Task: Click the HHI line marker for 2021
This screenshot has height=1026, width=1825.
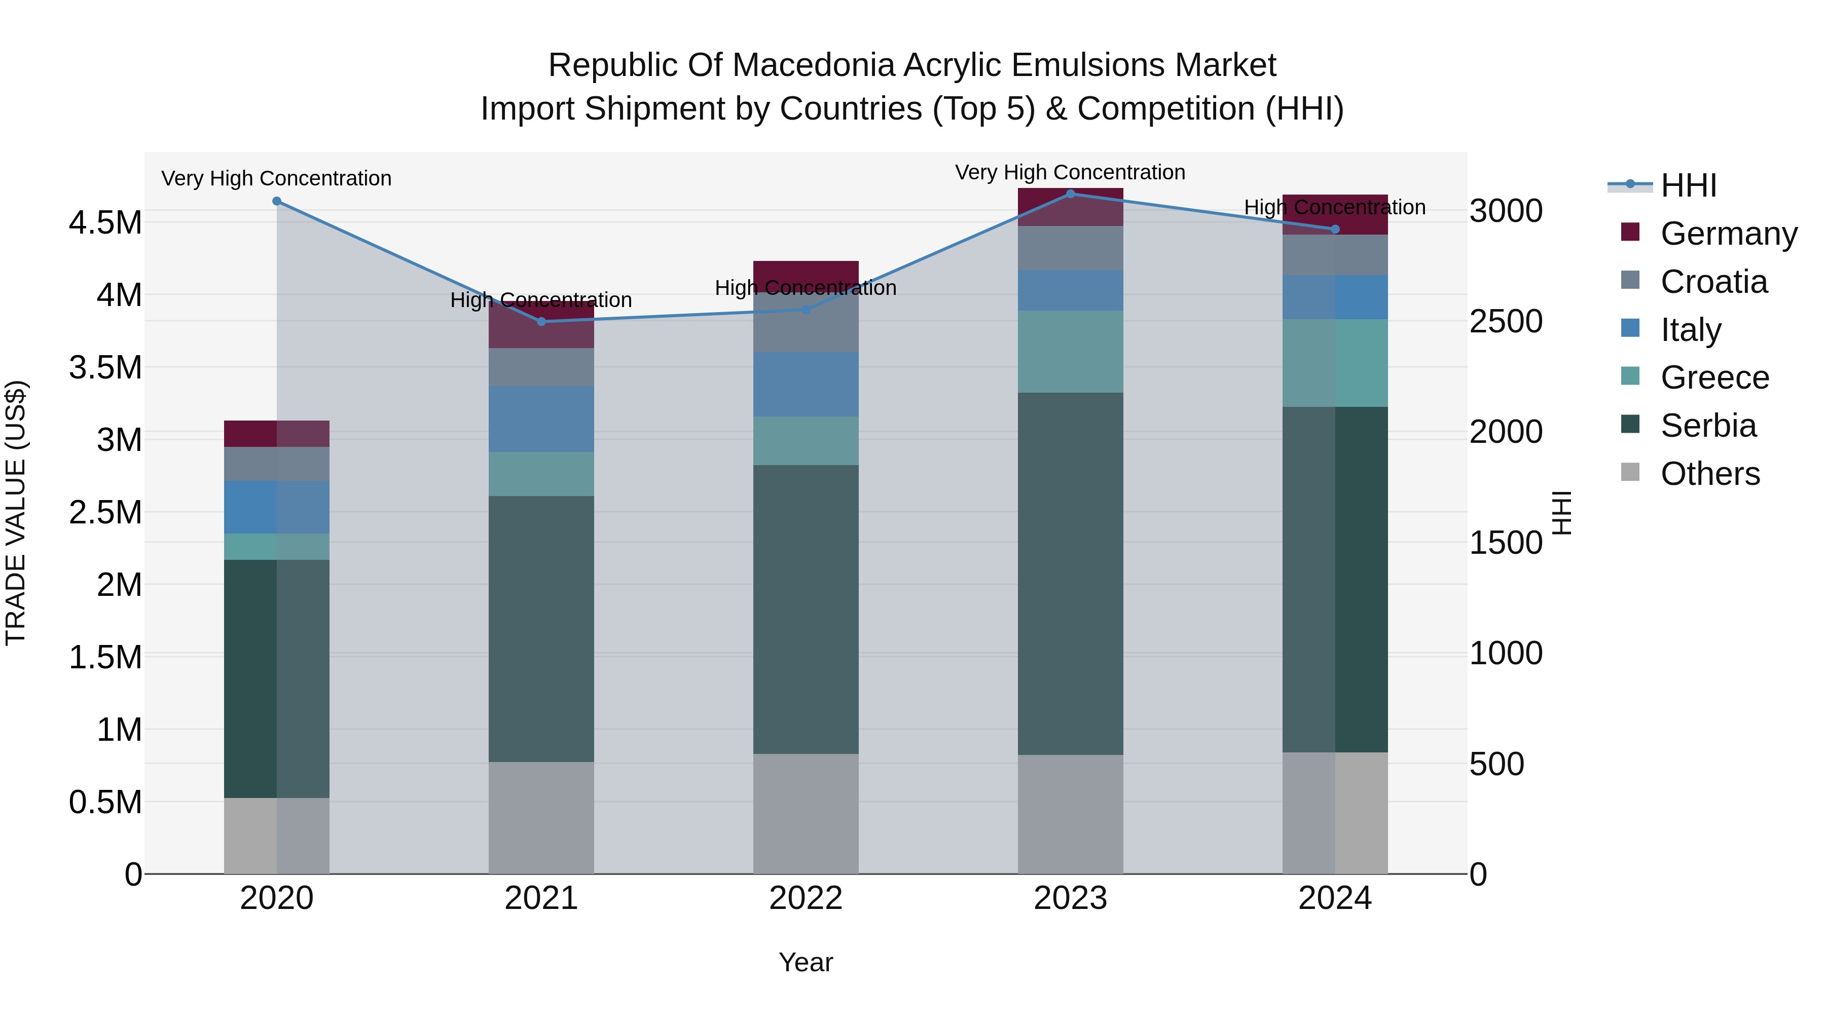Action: (541, 321)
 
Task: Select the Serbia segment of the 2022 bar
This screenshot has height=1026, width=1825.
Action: (806, 609)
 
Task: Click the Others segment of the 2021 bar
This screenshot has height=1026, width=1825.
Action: (541, 818)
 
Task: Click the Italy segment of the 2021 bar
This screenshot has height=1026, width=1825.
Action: (541, 419)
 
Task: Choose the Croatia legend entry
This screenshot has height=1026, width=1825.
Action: (1713, 282)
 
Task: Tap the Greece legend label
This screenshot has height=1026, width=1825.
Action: (1714, 377)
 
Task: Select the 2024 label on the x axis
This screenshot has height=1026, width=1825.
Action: (1335, 898)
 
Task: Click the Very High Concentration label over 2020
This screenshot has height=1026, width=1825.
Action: (276, 178)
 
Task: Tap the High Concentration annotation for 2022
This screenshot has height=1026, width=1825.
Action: (806, 288)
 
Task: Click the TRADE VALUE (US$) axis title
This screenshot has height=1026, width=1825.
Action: (16, 513)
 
